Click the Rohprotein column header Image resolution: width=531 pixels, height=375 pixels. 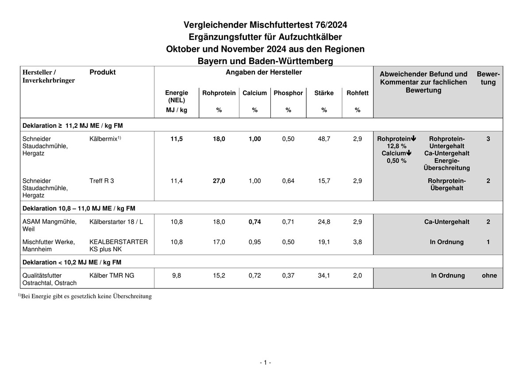[219, 93]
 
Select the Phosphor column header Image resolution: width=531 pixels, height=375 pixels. [288, 93]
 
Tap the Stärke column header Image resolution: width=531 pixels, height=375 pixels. [324, 93]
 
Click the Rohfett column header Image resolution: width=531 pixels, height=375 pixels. [358, 93]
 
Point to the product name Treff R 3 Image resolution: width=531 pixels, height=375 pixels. [101, 181]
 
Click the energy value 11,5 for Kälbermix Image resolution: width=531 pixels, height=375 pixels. [177, 139]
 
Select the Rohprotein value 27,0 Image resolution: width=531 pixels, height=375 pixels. [219, 181]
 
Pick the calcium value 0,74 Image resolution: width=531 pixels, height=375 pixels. [254, 222]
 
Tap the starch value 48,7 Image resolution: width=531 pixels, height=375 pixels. [324, 139]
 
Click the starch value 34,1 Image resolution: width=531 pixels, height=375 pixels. [324, 276]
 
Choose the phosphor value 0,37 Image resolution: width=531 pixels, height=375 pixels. [288, 276]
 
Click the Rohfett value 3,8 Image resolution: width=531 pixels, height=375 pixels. [358, 242]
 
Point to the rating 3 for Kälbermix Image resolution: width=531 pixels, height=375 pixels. [488, 139]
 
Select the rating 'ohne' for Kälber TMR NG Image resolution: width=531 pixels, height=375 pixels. [489, 276]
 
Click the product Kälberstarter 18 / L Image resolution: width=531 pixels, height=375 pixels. [116, 222]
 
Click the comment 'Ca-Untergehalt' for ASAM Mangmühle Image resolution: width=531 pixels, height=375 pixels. [447, 222]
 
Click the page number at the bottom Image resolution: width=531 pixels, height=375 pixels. [265, 363]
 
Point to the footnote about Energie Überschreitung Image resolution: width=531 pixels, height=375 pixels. [85, 296]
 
